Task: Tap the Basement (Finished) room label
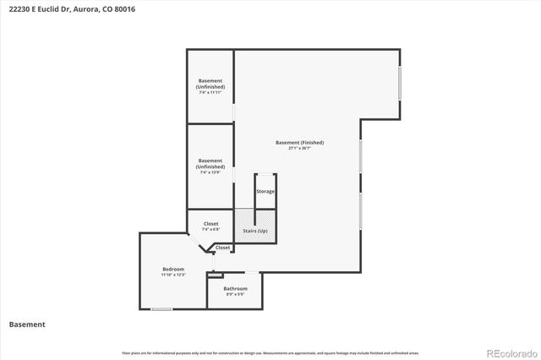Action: [299, 142]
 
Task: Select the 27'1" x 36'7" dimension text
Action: [299, 149]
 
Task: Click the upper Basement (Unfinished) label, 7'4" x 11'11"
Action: [210, 84]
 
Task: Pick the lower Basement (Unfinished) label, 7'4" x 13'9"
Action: [210, 163]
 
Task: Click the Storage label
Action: [265, 192]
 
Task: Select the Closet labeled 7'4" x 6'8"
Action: [210, 224]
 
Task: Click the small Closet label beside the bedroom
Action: [222, 248]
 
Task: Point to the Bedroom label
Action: [172, 269]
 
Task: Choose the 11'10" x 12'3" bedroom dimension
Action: [172, 275]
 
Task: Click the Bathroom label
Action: [235, 288]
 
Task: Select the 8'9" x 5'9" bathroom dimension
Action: [235, 294]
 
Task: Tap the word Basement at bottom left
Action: [26, 324]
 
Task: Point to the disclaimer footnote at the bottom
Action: [270, 352]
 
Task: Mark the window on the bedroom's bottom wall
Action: [161, 309]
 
